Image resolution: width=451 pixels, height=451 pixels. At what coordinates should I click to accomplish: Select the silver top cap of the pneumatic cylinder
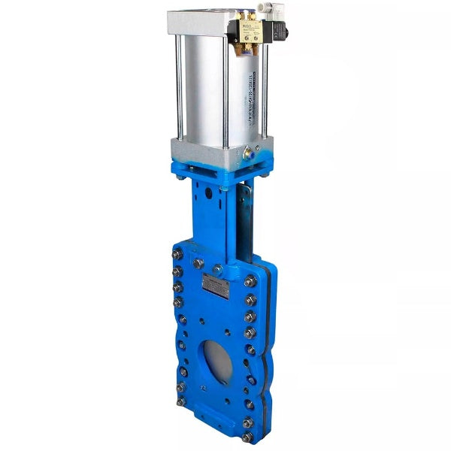(x=203, y=23)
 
